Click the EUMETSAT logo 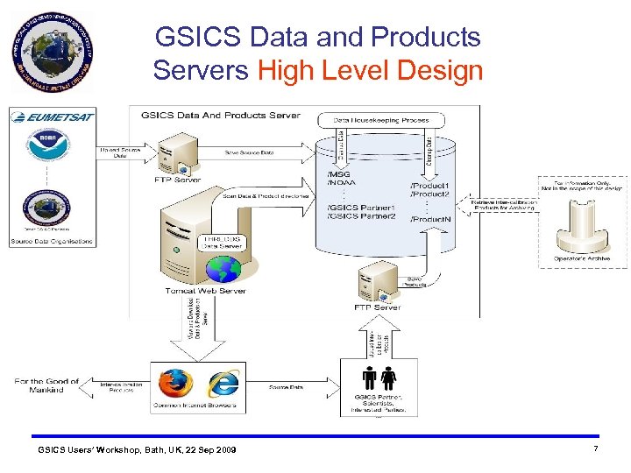pos(53,116)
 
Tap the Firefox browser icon pos(175,383)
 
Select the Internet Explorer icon pos(223,384)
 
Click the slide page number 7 pos(595,449)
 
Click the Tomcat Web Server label pos(206,291)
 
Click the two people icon pos(379,378)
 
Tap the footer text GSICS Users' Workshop pos(136,450)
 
